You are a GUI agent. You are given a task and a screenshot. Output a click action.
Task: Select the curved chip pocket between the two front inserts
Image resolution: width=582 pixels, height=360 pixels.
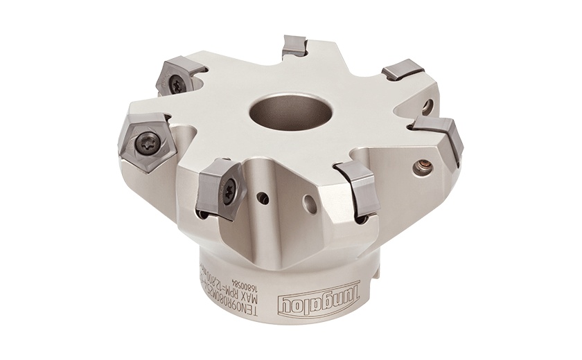tap(291, 173)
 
